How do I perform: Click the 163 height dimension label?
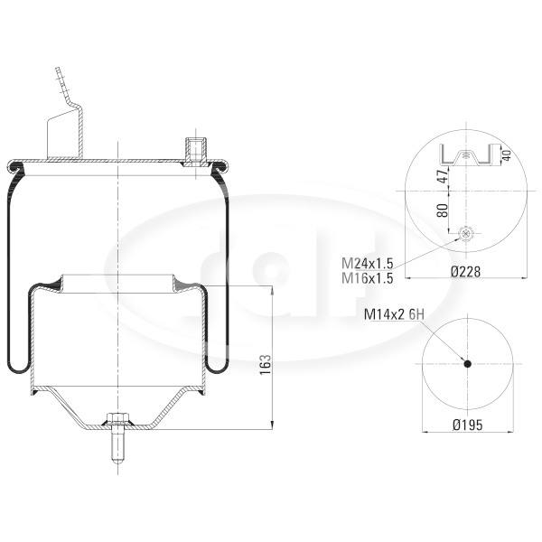click(266, 364)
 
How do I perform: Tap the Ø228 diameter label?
click(465, 272)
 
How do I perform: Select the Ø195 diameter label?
click(467, 425)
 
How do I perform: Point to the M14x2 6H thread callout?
click(394, 314)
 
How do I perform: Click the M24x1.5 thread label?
click(368, 264)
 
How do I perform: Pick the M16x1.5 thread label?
click(368, 278)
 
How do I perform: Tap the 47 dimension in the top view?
click(443, 176)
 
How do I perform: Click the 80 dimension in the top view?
click(443, 210)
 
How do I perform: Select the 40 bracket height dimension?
click(507, 154)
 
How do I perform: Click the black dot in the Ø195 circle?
click(468, 364)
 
